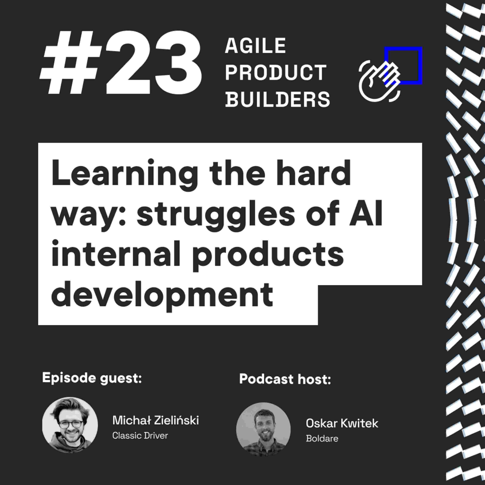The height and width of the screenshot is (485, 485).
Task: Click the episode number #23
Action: pos(120,63)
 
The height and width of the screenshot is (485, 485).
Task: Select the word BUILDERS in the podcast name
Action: pos(277,99)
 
